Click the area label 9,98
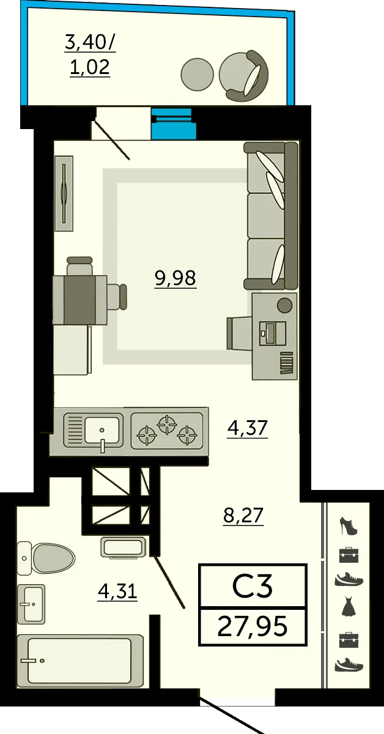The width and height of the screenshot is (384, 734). [x=175, y=278]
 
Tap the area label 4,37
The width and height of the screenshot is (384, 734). [x=248, y=428]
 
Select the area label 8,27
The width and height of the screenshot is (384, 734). [x=243, y=515]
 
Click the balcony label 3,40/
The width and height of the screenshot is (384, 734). [x=90, y=43]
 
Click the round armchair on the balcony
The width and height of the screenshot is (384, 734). [x=243, y=75]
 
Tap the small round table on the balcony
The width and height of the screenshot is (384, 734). [x=198, y=74]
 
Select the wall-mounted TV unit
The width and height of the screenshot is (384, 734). [x=64, y=193]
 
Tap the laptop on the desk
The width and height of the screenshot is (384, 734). [x=273, y=333]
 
